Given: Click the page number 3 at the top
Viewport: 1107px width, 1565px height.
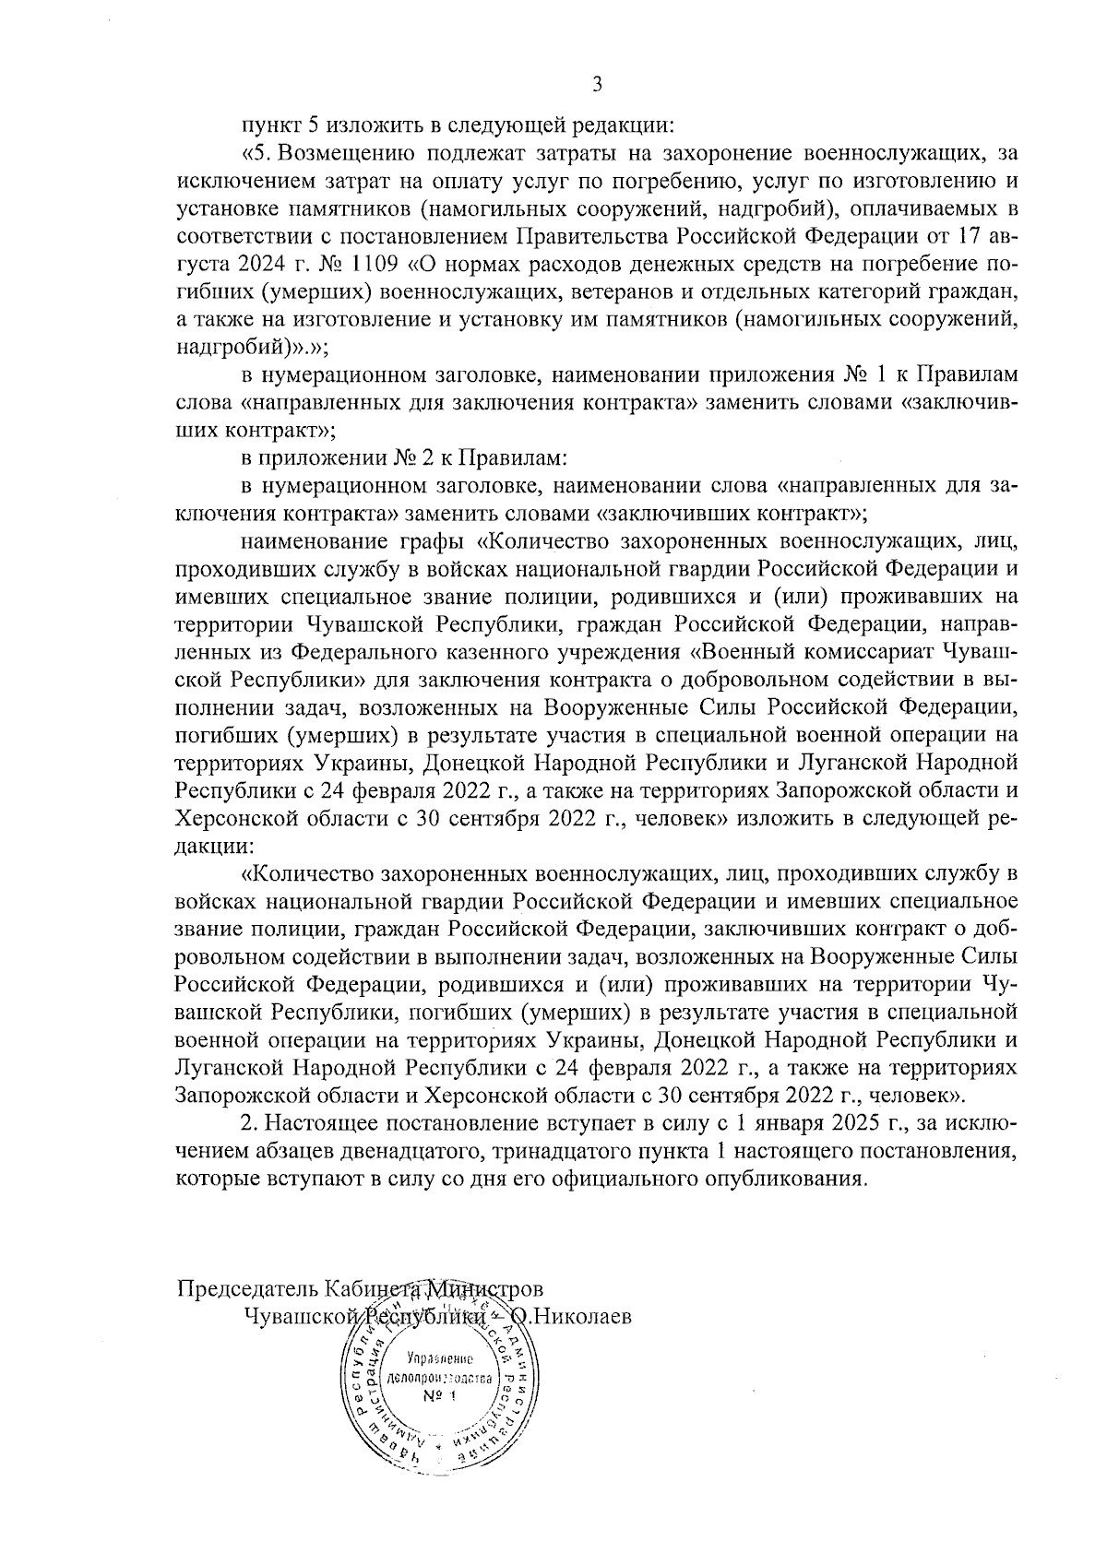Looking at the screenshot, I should point(597,86).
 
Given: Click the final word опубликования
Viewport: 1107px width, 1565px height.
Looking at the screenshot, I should point(786,1179).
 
